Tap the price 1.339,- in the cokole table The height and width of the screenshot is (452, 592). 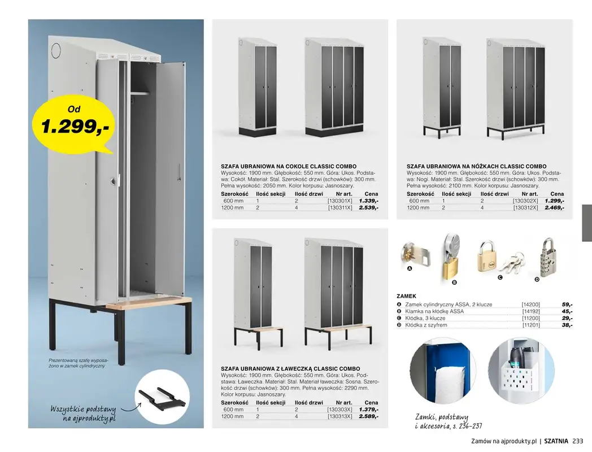(x=368, y=201)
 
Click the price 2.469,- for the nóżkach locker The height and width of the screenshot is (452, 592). (x=554, y=208)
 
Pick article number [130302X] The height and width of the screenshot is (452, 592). (x=526, y=201)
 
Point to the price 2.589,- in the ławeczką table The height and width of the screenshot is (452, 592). (x=368, y=416)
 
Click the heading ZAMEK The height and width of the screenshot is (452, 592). (x=406, y=295)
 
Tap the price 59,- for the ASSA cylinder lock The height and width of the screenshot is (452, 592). (x=567, y=305)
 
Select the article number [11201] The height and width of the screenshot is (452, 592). (x=531, y=325)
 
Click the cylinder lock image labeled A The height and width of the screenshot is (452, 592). (x=417, y=253)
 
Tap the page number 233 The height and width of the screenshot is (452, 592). (x=577, y=442)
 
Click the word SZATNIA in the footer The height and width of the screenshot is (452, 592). (x=556, y=442)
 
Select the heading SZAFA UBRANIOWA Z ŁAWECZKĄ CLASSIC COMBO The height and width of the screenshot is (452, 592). (x=290, y=368)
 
